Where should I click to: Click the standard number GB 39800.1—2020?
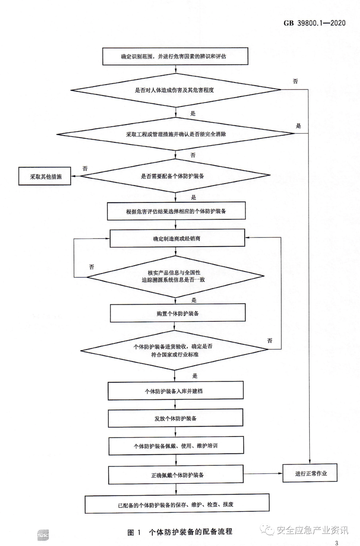tap(314, 23)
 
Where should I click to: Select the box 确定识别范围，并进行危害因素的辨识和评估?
tap(175, 56)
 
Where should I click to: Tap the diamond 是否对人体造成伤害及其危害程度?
tap(176, 90)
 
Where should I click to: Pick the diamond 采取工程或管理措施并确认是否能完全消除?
tap(176, 134)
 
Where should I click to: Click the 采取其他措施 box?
tap(45, 176)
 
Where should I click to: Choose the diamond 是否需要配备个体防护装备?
tap(175, 176)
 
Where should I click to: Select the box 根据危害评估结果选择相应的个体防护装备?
tap(176, 211)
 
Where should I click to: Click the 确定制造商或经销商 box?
tap(177, 238)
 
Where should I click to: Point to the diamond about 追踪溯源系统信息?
tap(175, 276)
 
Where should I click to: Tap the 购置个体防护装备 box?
tap(178, 313)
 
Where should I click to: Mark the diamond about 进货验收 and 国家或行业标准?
tap(174, 350)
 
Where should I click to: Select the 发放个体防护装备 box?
tap(175, 418)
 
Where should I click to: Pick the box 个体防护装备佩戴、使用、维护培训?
tap(176, 446)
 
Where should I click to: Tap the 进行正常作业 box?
tap(310, 473)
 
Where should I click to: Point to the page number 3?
tap(337, 543)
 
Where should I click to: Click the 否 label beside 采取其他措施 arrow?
tap(85, 169)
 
